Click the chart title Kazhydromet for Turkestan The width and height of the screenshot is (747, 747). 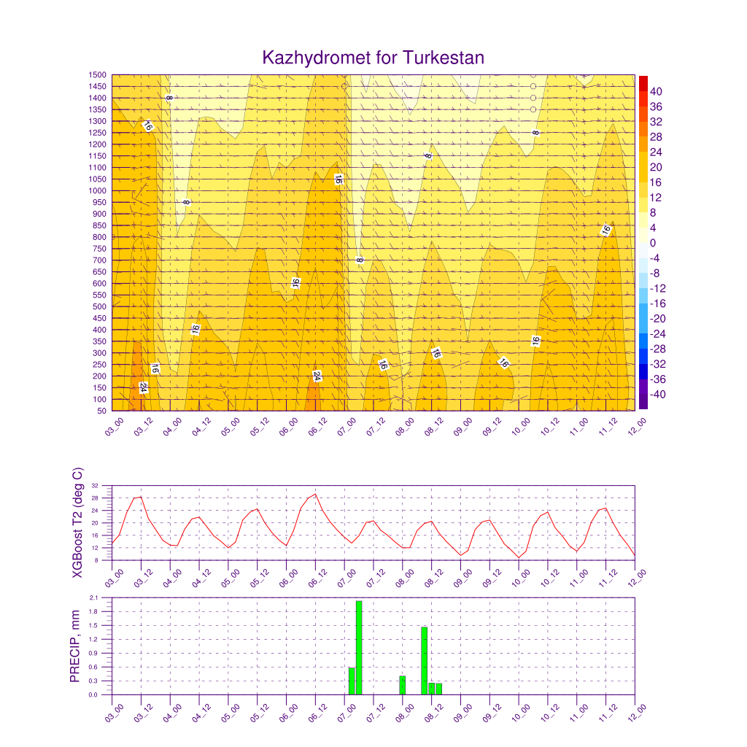[x=373, y=58]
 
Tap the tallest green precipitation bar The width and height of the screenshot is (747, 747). [x=359, y=646]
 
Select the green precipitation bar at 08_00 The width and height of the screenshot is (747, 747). [x=402, y=685]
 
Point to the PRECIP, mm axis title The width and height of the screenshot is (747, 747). [x=74, y=646]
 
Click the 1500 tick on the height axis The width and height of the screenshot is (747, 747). [x=98, y=74]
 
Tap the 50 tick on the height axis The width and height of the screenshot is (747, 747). [x=101, y=411]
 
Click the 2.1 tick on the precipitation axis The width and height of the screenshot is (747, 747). [x=94, y=597]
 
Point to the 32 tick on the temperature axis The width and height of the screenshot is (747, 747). [x=96, y=485]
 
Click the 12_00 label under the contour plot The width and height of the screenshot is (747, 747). [x=635, y=426]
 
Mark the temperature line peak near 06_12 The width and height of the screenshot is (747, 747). [x=315, y=494]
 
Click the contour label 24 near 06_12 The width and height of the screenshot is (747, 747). [x=317, y=376]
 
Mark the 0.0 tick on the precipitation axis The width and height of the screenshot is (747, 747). [x=94, y=694]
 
